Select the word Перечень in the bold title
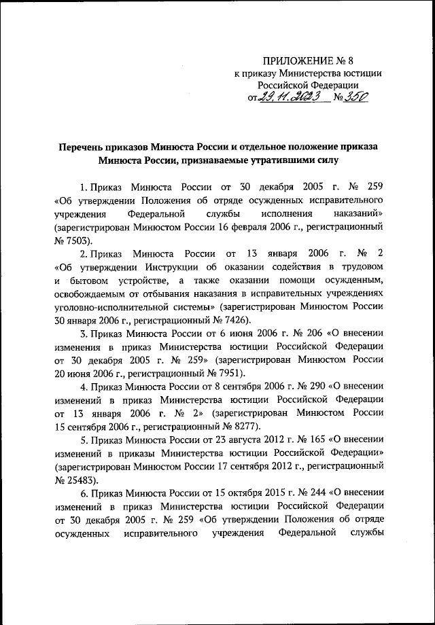[x=83, y=147]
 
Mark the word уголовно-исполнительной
[x=110, y=306]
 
